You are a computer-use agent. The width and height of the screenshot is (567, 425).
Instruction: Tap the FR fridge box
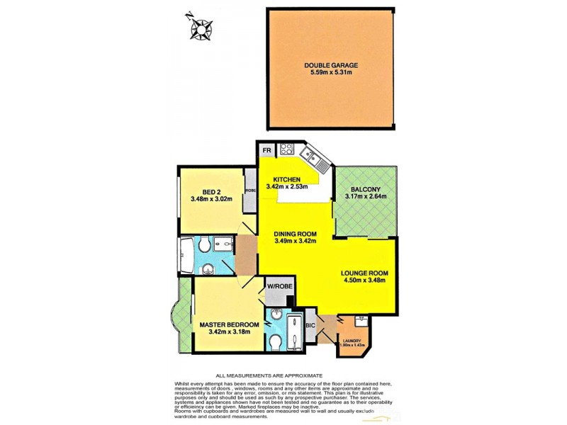tap(267, 151)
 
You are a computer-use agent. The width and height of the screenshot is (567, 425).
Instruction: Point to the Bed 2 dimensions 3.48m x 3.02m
tap(211, 200)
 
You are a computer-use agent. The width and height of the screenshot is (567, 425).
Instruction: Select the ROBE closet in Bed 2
tap(250, 191)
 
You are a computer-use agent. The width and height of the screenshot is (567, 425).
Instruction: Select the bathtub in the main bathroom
tap(186, 256)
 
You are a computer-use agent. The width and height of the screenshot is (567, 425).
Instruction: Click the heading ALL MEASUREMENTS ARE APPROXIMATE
tap(269, 375)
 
